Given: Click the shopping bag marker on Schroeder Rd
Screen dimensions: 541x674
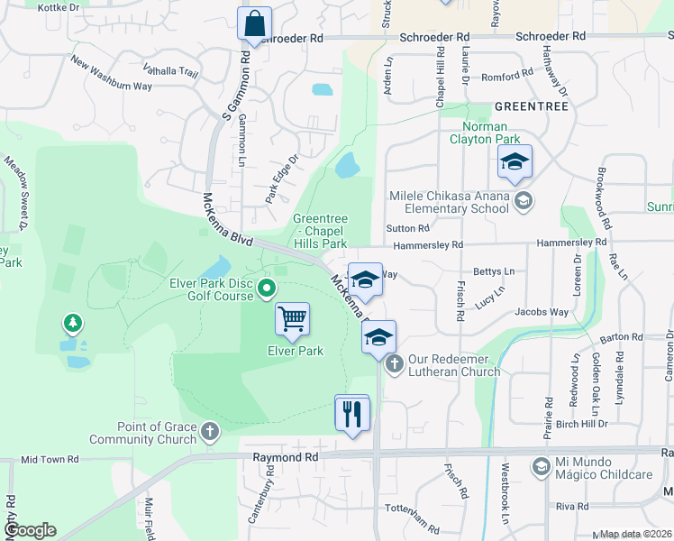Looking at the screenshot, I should [254, 23].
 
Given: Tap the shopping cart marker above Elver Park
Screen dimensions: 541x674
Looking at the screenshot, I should [292, 318].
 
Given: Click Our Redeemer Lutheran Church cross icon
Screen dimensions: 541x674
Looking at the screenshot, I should [394, 364].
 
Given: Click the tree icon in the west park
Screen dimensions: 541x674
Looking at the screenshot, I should [72, 322].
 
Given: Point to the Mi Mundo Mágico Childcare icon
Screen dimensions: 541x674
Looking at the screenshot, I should [540, 466].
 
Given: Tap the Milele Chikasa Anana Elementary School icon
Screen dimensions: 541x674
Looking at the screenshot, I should [523, 202].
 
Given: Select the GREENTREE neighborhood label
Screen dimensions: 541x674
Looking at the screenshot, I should [532, 106].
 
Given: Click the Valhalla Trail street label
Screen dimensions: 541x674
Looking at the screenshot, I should [170, 70].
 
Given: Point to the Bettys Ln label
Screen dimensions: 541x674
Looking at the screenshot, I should [494, 271].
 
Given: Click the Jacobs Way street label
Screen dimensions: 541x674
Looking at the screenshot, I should [542, 312].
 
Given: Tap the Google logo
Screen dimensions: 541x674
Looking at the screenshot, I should [29, 531].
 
